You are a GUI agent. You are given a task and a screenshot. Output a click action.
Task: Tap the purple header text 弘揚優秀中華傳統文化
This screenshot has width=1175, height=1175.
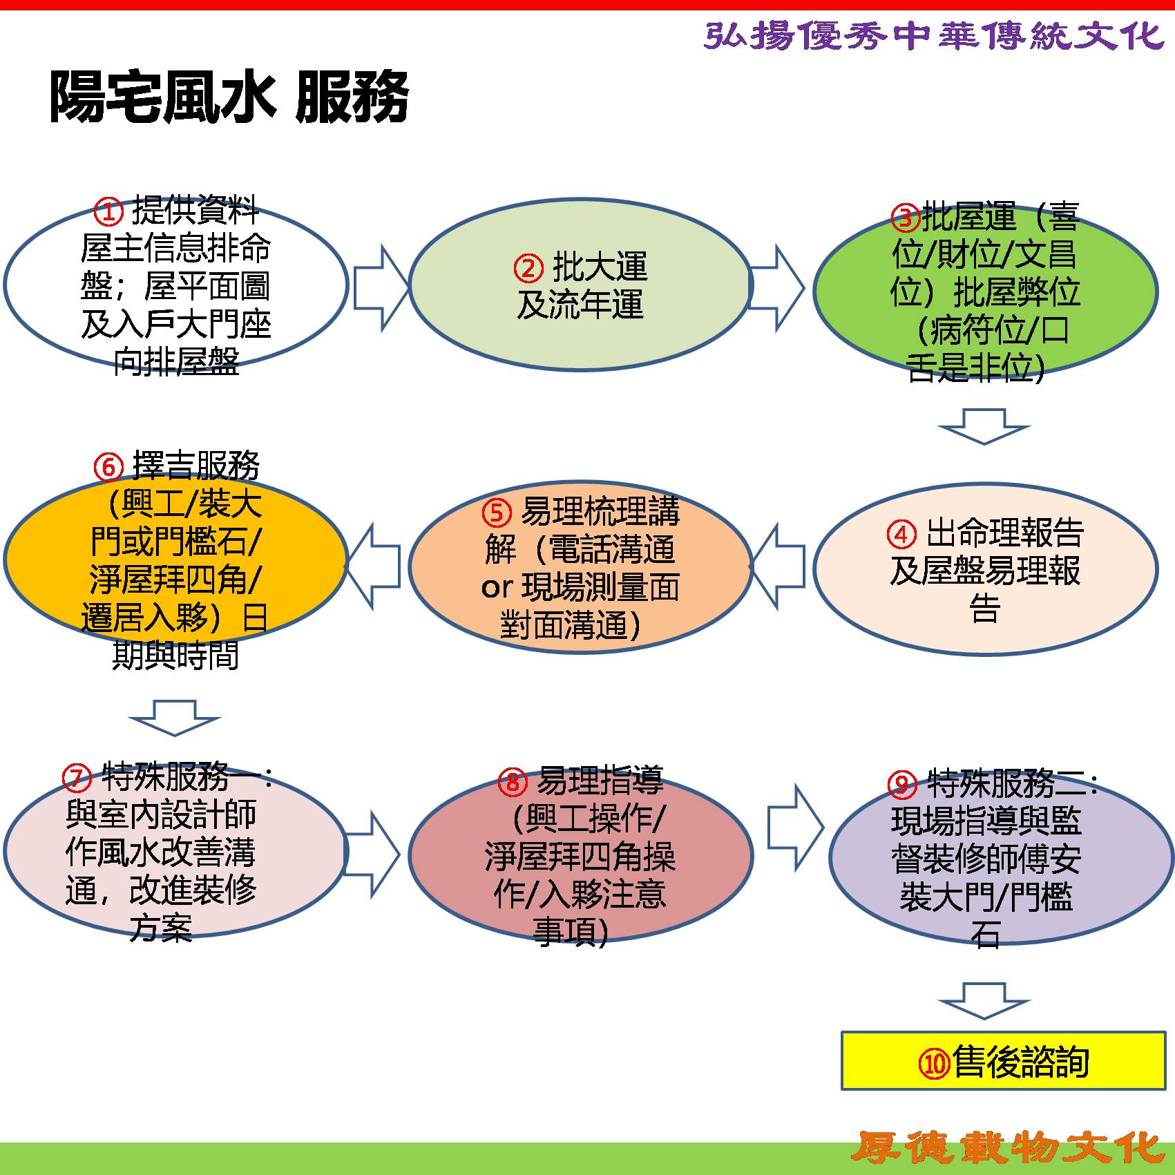[935, 35]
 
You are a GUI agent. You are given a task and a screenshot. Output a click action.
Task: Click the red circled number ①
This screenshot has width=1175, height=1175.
[108, 212]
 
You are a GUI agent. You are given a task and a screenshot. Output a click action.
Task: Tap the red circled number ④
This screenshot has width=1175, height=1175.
[901, 535]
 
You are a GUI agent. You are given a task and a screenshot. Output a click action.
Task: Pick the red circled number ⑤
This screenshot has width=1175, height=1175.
[496, 513]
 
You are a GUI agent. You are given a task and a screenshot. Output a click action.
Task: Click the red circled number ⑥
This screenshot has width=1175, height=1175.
[108, 467]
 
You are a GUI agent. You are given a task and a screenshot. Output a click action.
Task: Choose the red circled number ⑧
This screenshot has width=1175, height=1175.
[513, 782]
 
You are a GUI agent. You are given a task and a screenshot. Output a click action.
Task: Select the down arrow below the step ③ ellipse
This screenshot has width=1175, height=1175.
[984, 426]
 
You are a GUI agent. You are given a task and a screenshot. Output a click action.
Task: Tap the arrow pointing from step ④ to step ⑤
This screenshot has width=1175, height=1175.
[778, 566]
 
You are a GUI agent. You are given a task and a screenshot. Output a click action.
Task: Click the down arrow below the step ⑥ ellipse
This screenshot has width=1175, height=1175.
[175, 718]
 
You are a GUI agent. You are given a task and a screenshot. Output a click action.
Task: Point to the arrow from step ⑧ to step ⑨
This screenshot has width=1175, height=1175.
[796, 828]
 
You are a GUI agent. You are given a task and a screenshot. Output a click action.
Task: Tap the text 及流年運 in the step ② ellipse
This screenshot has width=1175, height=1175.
[580, 305]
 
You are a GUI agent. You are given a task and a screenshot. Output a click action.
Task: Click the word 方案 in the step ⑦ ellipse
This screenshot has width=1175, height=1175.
[161, 928]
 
